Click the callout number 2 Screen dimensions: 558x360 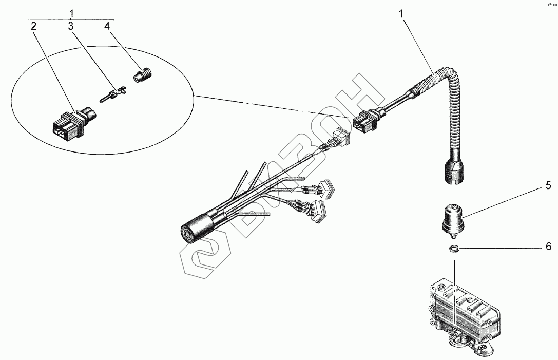click(33, 27)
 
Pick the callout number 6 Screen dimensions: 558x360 click(548, 247)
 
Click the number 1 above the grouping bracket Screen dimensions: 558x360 click(72, 12)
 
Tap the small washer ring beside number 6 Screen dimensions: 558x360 click(453, 250)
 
